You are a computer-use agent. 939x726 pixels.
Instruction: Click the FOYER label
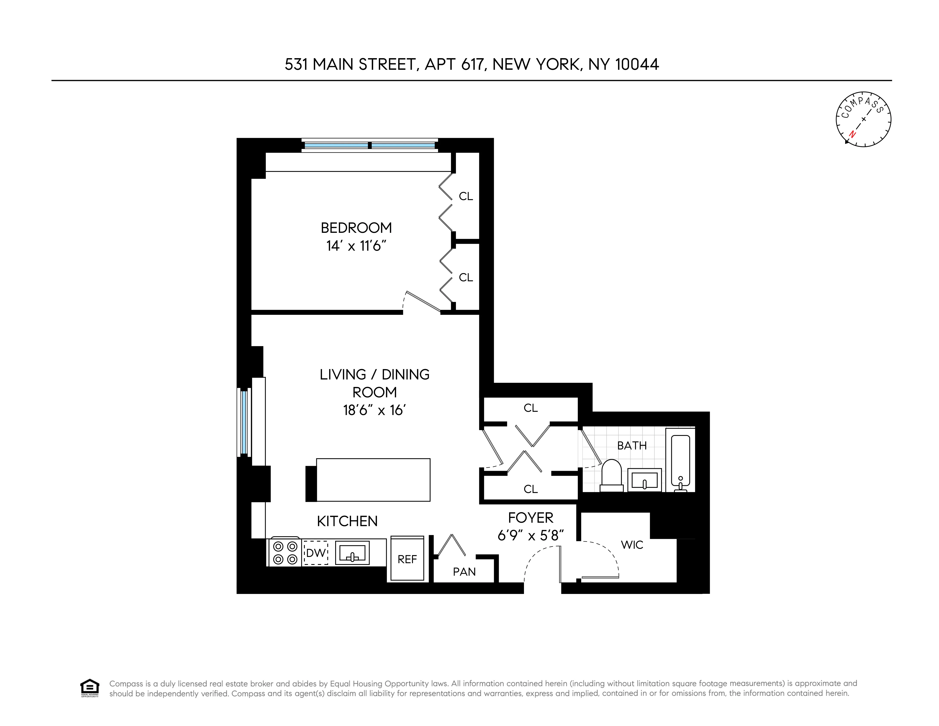(531, 517)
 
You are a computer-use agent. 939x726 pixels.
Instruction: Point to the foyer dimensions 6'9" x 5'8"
(531, 535)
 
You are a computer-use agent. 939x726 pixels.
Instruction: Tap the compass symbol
(863, 120)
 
